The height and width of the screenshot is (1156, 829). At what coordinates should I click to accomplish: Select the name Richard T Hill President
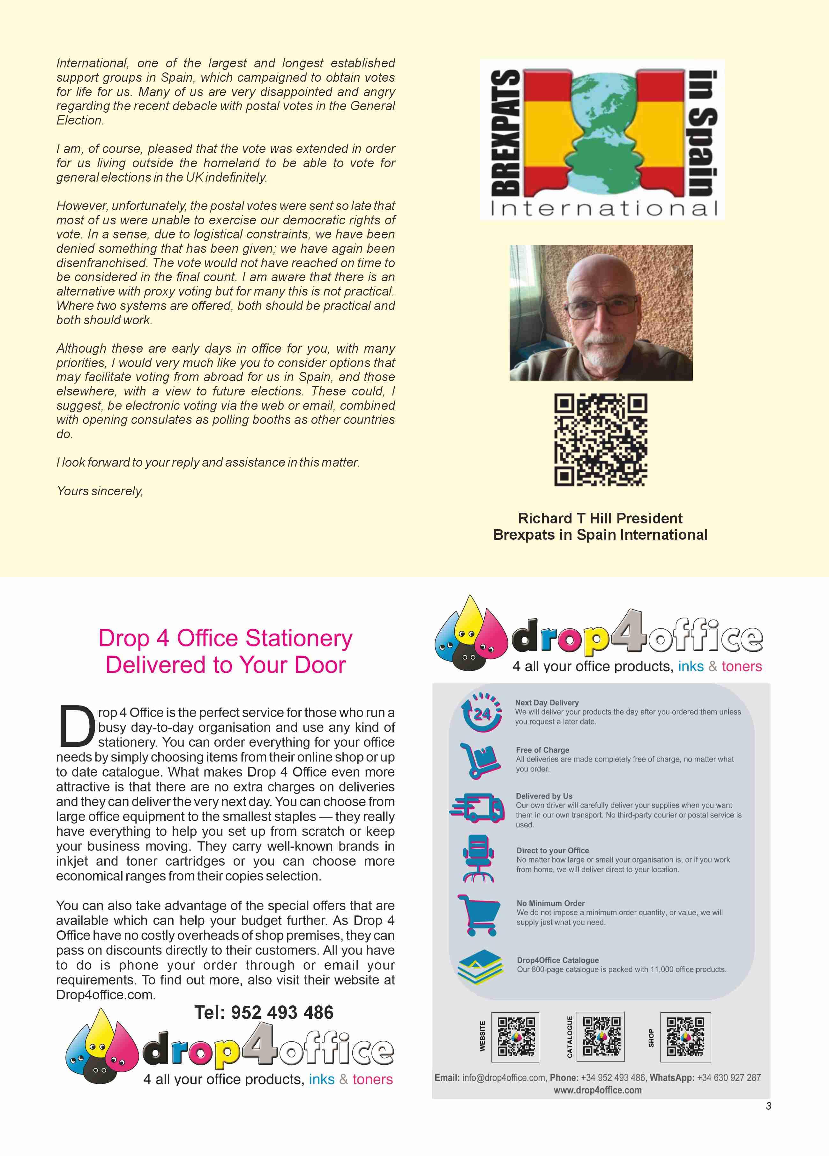600,518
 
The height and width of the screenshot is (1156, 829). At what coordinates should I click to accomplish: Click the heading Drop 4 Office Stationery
225,638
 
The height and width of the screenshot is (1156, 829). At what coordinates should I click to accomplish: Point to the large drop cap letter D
77,725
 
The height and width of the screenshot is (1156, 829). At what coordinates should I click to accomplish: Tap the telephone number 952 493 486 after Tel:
282,1012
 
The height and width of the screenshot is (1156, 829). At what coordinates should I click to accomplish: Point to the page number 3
768,1106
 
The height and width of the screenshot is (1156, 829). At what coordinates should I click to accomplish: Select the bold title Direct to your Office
552,850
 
